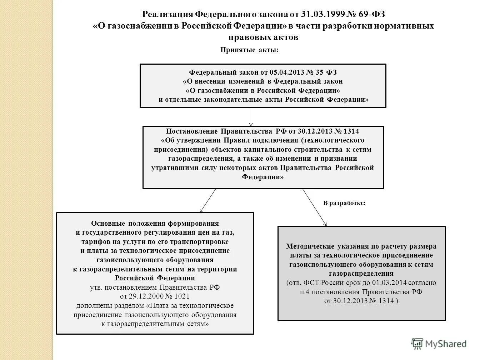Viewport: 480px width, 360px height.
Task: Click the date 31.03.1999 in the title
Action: [324, 14]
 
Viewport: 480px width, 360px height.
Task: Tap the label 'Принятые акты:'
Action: [249, 50]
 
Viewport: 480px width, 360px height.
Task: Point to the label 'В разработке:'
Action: [344, 203]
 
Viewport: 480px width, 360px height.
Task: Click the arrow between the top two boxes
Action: [251, 117]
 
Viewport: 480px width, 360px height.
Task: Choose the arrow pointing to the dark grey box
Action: [315, 207]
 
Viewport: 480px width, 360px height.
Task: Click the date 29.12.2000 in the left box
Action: [142, 296]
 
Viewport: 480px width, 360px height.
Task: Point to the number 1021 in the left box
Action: [182, 296]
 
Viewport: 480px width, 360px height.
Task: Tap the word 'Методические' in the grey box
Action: [309, 246]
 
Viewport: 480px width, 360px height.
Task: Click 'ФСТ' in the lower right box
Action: [311, 283]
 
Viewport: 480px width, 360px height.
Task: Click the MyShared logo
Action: [439, 344]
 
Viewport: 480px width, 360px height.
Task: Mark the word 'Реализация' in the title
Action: [167, 14]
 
